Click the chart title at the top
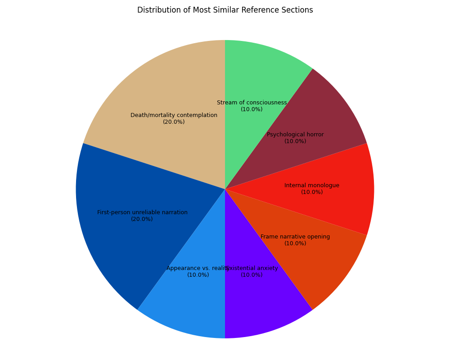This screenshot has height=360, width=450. click(225, 10)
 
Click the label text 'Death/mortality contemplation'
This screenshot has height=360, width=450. click(174, 115)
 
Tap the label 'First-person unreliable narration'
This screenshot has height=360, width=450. click(142, 212)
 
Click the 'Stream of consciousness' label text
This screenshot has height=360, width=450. click(252, 103)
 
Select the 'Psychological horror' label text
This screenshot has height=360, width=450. click(295, 135)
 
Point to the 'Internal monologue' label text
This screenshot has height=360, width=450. click(312, 185)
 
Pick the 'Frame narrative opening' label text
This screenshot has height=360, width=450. click(295, 237)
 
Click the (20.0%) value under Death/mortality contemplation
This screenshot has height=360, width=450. click(174, 122)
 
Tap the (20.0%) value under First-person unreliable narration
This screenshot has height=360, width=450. click(142, 219)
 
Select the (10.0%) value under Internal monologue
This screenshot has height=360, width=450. click(312, 192)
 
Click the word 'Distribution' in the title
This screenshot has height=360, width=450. click(155, 10)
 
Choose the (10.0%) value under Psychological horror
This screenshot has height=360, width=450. click(295, 141)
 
